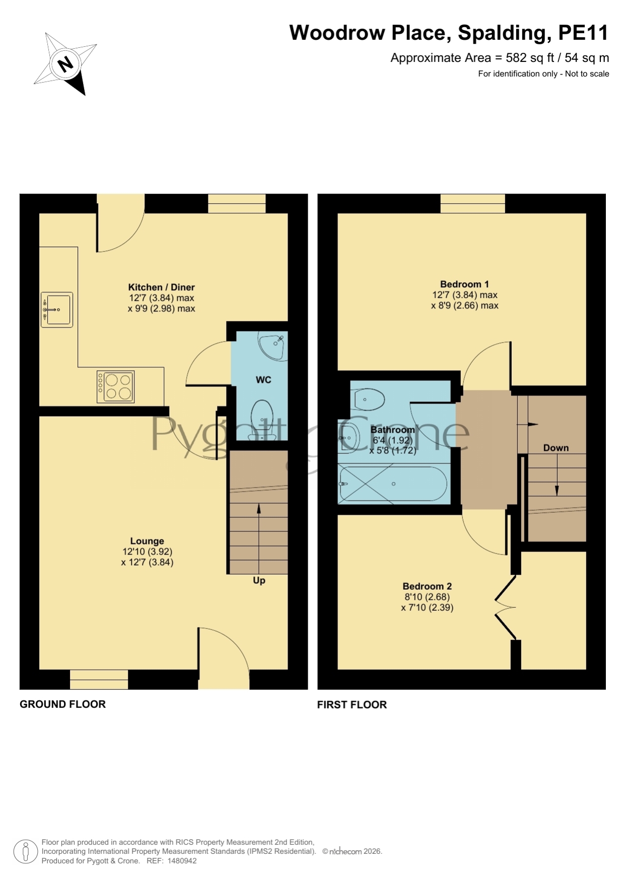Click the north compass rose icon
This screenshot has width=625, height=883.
(65, 64)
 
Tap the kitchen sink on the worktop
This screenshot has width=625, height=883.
(57, 310)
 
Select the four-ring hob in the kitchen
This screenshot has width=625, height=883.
(115, 386)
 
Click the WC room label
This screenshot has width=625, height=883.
(263, 379)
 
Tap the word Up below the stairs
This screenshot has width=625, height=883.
(259, 581)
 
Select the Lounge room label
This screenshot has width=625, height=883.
(147, 541)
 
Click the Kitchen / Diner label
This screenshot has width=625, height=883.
(161, 287)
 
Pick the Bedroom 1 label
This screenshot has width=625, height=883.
(464, 284)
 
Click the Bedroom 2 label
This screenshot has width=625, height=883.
(427, 586)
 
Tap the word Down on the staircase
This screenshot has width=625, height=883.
(556, 448)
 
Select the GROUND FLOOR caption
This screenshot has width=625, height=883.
(63, 704)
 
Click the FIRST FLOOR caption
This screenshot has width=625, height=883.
(352, 705)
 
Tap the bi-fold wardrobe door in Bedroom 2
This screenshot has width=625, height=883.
(506, 608)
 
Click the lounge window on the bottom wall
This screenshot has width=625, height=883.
(99, 679)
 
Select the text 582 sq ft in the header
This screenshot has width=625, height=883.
(529, 58)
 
